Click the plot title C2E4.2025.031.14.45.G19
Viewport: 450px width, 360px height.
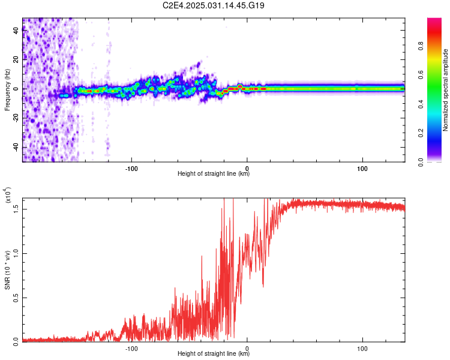coord(213,5)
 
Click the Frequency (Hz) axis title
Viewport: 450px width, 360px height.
coord(7,90)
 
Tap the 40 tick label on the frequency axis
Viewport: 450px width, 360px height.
coord(16,30)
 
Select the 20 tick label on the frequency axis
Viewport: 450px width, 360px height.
coord(16,59)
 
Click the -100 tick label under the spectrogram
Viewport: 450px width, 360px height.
coord(131,169)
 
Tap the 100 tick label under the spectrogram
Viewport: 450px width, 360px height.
coord(362,169)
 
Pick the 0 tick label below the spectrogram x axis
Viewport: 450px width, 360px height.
coord(247,169)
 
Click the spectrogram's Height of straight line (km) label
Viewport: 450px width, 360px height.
coord(214,173)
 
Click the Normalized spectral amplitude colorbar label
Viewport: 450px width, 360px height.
coord(445,90)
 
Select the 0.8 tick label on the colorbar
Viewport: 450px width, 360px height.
coord(421,46)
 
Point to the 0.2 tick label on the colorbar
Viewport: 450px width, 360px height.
coord(421,133)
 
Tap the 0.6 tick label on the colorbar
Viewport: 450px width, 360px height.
coord(421,75)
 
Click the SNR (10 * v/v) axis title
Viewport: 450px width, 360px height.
coord(7,270)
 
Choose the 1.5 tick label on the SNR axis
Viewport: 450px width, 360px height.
coord(16,209)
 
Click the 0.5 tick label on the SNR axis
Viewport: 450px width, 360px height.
coord(16,298)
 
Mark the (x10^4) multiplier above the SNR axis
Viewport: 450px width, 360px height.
coord(8,195)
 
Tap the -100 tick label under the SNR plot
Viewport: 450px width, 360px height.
coord(131,349)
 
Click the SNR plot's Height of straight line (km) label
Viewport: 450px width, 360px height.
coord(214,353)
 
